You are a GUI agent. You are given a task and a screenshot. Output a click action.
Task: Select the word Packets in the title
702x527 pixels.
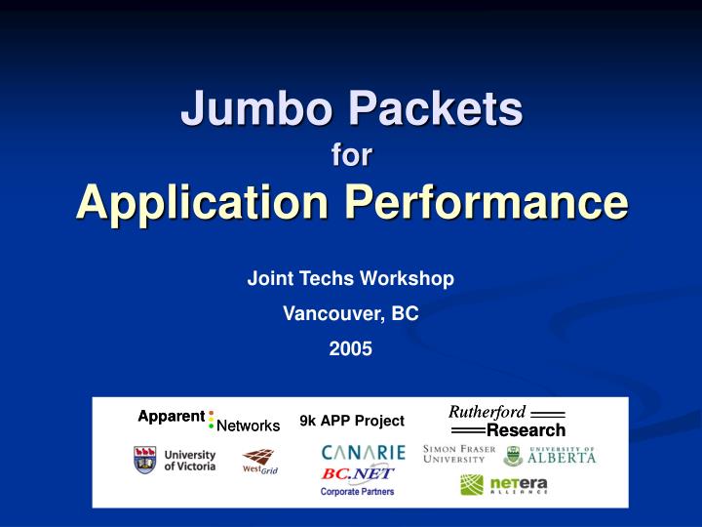coord(430,108)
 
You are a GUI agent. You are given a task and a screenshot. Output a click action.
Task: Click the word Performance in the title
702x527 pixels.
coord(487,202)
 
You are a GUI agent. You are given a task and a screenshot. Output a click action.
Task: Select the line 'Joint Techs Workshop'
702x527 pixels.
coord(351,278)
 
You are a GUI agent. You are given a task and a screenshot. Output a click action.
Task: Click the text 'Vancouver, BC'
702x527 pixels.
coord(351,313)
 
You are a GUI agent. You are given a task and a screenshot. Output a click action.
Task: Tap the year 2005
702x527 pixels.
coord(351,348)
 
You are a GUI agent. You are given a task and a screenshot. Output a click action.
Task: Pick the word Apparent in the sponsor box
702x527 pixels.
coord(171,417)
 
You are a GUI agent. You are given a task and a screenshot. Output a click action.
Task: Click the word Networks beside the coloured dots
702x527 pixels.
coord(248,426)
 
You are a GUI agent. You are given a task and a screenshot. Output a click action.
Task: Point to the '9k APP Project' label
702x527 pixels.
coord(352,421)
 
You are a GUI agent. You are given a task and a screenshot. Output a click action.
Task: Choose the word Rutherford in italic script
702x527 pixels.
coord(487,412)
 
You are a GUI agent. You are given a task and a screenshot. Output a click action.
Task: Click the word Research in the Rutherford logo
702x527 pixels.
coord(526,430)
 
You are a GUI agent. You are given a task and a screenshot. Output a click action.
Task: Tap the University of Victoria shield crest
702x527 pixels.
coord(145,459)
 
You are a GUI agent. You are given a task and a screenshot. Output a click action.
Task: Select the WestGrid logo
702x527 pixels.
coord(259,461)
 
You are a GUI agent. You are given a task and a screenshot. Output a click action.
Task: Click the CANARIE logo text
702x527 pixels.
coord(364,453)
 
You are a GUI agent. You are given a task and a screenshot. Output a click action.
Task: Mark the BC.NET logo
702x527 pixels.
coord(358,473)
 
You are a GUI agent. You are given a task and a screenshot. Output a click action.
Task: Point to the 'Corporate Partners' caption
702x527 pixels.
coord(358,492)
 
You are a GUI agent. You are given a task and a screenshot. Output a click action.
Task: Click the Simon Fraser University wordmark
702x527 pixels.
coord(459,454)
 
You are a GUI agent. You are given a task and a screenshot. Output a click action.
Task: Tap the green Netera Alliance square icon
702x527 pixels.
coord(472,484)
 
